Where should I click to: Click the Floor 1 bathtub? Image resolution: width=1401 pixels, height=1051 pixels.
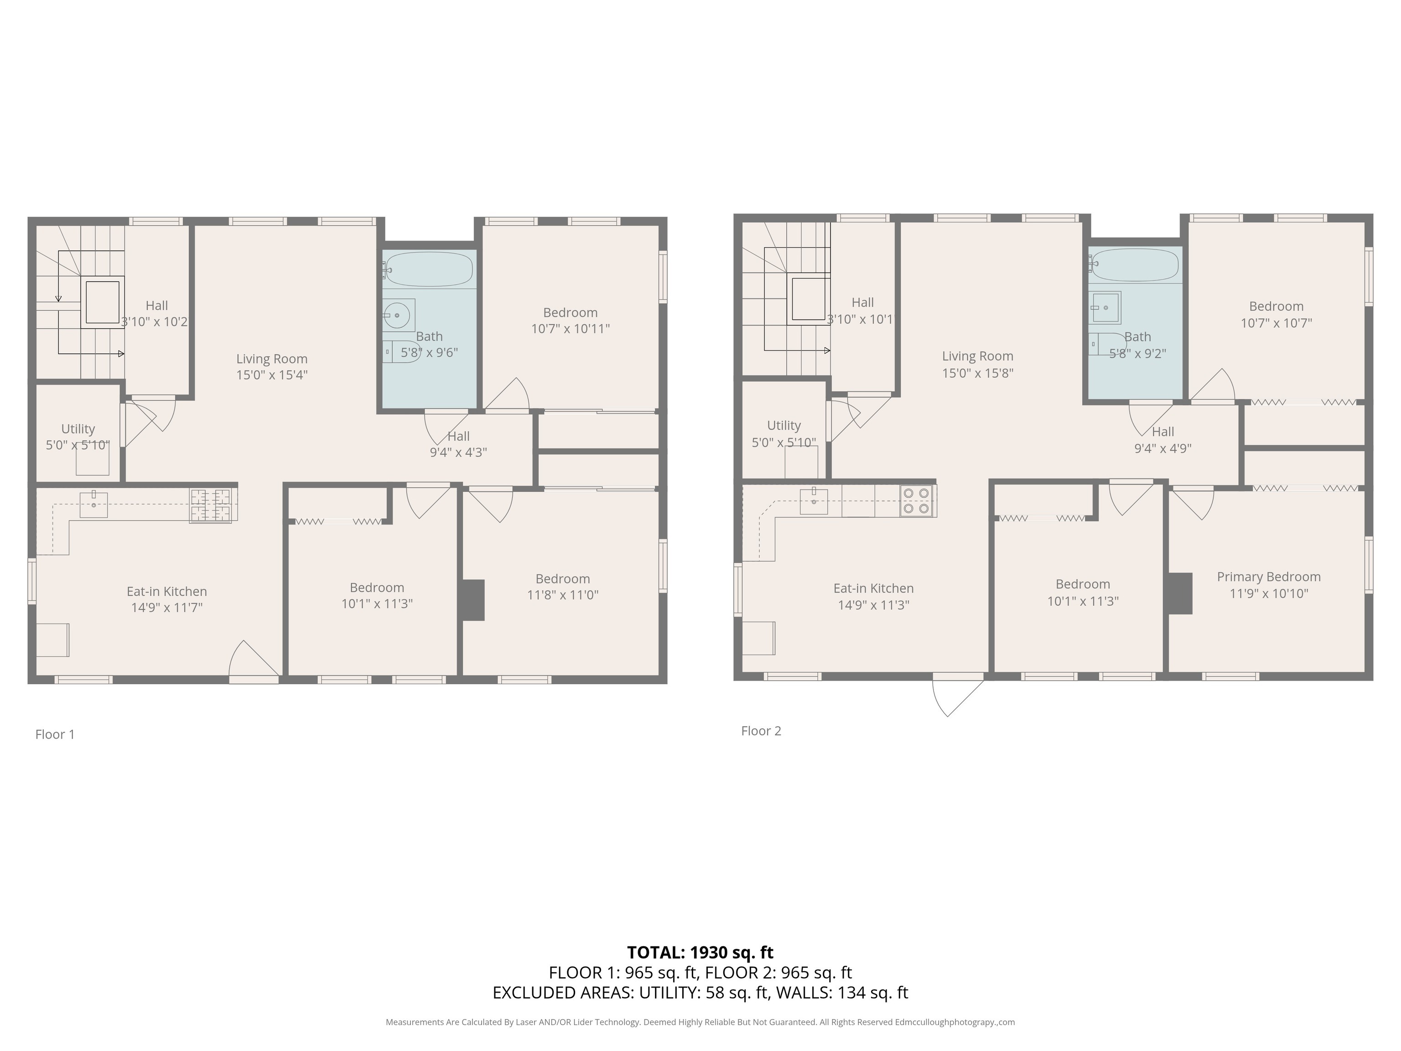[x=429, y=269]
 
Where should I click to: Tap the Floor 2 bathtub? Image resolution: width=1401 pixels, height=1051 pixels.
[x=1135, y=265]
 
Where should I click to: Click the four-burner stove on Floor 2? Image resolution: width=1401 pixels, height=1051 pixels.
[x=917, y=500]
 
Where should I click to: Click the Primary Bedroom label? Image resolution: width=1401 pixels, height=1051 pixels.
[x=1269, y=577]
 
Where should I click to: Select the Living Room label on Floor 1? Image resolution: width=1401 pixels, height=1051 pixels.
[x=272, y=359]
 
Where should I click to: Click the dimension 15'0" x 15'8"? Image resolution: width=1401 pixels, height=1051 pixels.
[x=977, y=373]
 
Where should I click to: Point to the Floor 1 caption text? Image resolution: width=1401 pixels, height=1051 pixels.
[x=55, y=734]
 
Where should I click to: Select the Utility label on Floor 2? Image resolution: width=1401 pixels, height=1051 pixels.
[x=784, y=426]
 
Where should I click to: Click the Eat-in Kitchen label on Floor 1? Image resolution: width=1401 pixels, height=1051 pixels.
[x=166, y=592]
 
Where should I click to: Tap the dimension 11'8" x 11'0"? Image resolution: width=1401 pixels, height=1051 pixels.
[x=562, y=595]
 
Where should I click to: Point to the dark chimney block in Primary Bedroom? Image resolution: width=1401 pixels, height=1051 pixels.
[x=1180, y=593]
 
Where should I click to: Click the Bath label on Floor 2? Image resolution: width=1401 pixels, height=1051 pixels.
[x=1137, y=337]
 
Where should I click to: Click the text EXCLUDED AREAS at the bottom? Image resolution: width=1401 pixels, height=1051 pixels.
[x=562, y=993]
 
